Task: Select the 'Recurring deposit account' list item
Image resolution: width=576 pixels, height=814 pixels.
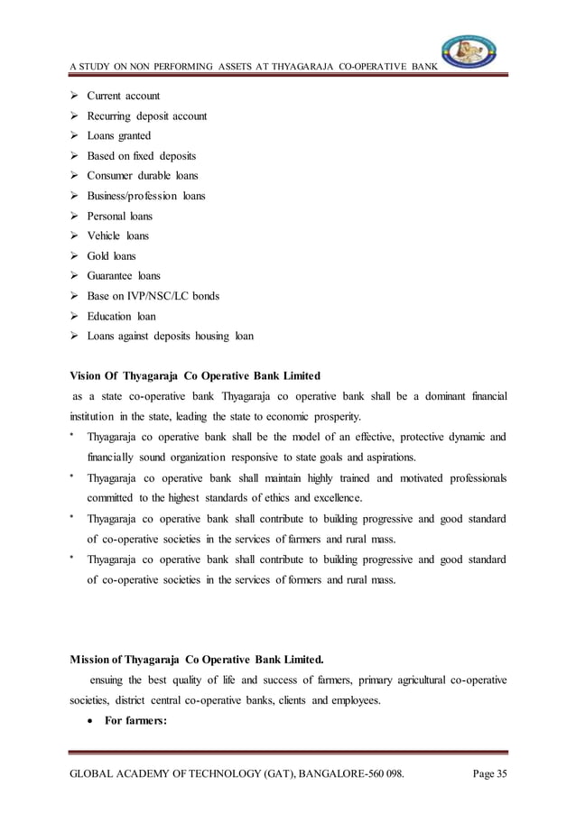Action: (x=147, y=116)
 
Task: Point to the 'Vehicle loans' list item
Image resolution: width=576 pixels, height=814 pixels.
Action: (x=118, y=236)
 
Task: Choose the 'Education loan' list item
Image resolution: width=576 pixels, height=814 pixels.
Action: (x=121, y=316)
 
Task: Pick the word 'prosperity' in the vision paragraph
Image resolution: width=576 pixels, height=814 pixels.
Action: (x=332, y=417)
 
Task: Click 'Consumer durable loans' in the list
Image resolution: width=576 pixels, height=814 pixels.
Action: (x=143, y=175)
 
